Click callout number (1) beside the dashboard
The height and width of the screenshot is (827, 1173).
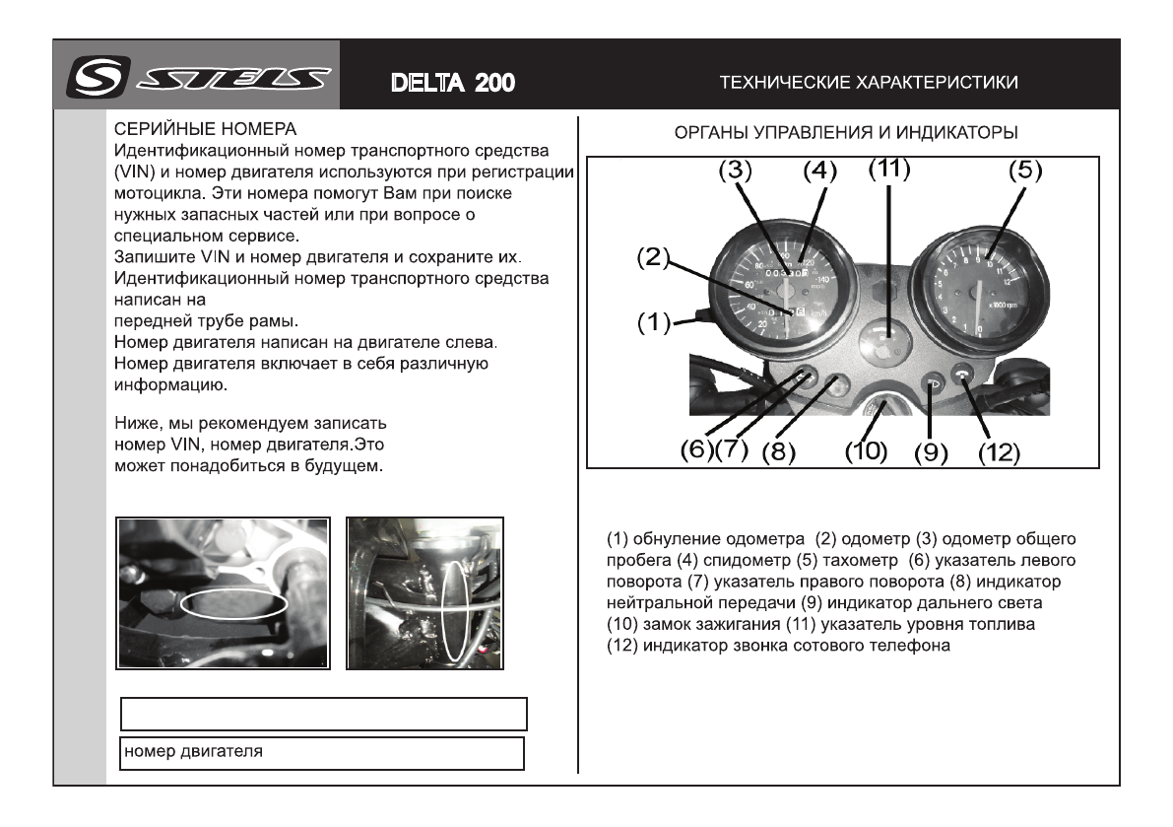click(651, 322)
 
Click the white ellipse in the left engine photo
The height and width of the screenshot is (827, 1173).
click(236, 603)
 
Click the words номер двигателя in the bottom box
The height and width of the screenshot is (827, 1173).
click(193, 752)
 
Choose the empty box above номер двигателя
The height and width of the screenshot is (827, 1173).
click(323, 714)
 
